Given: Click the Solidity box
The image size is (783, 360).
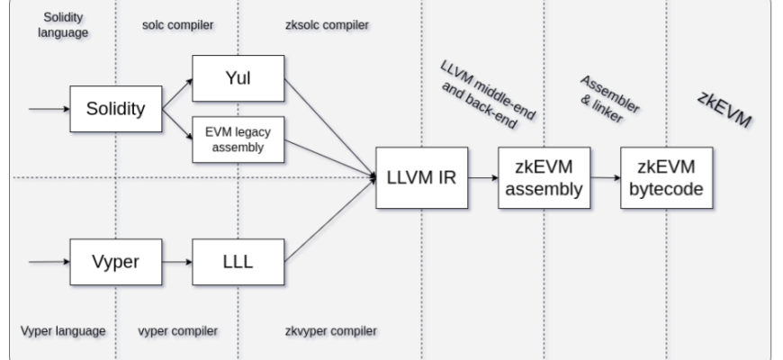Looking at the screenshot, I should tap(115, 109).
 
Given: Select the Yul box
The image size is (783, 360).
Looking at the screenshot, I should tap(238, 78).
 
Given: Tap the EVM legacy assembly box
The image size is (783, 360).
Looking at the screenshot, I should tap(238, 139).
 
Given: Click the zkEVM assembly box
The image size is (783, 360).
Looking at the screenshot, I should tap(544, 177).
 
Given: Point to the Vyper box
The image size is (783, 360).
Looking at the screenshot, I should tap(116, 262).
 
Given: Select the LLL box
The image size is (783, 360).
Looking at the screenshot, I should tap(238, 262).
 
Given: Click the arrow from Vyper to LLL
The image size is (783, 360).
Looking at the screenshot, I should tap(176, 262).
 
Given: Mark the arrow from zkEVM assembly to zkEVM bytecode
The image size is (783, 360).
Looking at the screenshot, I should tap(604, 177).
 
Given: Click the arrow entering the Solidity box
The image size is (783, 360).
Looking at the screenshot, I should tap(49, 109).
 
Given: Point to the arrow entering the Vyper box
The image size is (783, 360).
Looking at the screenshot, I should tap(49, 262).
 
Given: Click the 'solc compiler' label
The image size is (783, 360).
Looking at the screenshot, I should tap(177, 25).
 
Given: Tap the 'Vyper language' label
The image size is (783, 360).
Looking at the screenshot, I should tap(63, 330).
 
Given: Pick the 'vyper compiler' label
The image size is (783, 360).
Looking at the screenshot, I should tap(177, 330).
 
